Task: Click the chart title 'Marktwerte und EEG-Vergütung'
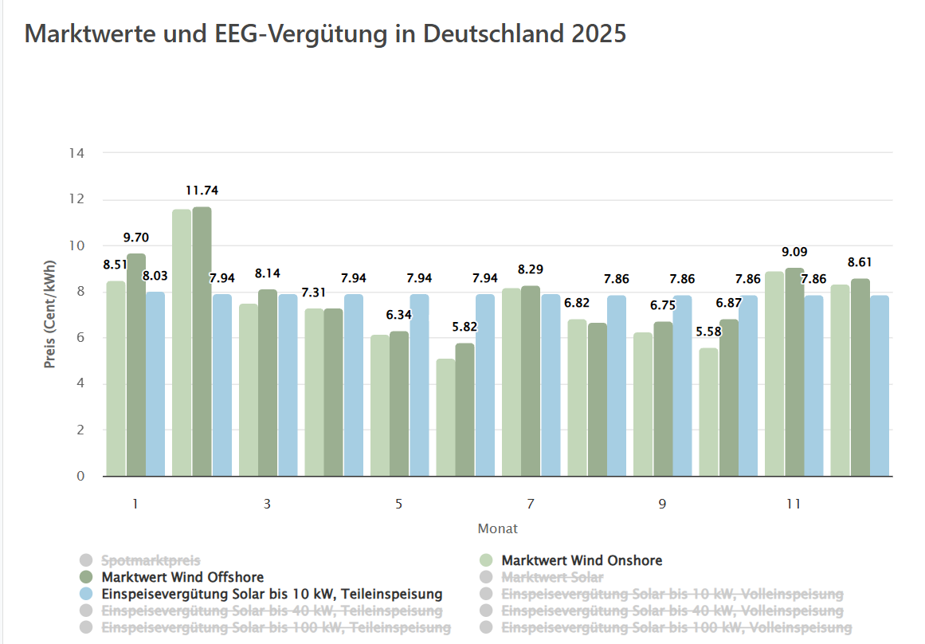325,34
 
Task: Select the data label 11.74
202,190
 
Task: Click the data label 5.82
464,327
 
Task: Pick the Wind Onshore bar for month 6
445,418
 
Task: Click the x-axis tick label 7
530,504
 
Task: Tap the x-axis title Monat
497,528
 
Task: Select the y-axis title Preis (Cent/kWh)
50,315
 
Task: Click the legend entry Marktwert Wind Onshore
581,560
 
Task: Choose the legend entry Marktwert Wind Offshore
182,576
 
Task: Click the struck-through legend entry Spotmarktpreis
151,560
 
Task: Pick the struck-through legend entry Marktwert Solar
551,576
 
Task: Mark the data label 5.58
708,331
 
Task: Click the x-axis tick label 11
793,504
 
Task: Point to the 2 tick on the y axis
80,430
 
